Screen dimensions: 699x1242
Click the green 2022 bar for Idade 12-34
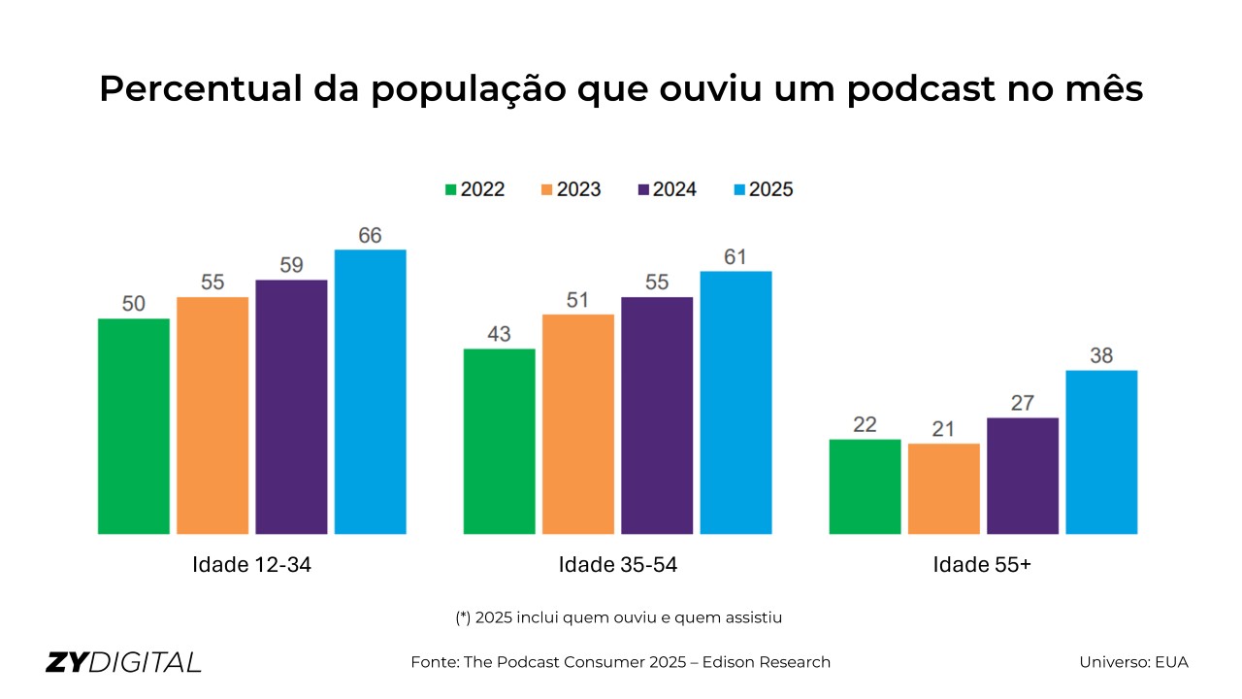click(x=134, y=426)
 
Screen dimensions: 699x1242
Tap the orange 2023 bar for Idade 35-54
click(x=578, y=424)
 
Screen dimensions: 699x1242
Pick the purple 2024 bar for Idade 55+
click(x=1023, y=476)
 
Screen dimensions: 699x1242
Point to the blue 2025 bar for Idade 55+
click(x=1101, y=451)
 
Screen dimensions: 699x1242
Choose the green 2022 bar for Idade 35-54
click(x=499, y=441)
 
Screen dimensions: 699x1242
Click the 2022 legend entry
click(x=474, y=189)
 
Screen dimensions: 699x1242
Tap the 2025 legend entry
click(x=762, y=189)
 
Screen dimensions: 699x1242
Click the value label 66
click(x=370, y=236)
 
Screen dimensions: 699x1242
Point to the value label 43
click(x=499, y=334)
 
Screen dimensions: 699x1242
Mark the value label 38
click(x=1101, y=356)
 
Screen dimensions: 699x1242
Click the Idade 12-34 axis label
click(x=252, y=565)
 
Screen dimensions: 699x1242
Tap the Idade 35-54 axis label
click(x=618, y=565)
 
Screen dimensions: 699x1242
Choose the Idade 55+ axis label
click(x=982, y=565)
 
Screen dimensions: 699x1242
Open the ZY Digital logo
click(x=123, y=662)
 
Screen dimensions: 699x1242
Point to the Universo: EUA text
click(x=1133, y=662)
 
